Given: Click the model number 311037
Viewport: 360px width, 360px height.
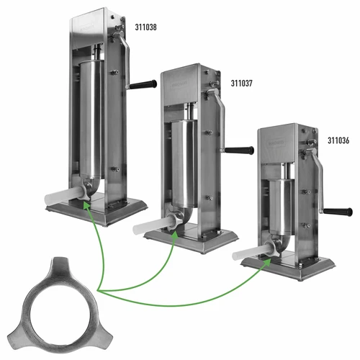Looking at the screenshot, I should tap(242, 83).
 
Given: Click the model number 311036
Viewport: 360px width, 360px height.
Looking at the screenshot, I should tap(338, 141).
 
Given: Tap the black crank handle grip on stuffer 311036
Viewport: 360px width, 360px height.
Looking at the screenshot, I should tap(336, 211).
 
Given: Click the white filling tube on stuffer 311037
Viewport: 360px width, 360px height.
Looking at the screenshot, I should tap(153, 223).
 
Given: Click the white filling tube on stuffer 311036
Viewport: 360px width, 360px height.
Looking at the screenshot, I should tap(249, 252).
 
